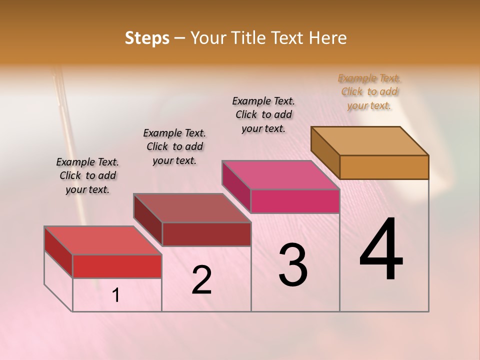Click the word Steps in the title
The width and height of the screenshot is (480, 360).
147,38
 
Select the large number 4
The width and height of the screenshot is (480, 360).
381,250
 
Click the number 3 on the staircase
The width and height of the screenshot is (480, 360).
292,265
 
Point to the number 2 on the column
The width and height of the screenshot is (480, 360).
201,280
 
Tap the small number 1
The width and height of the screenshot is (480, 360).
116,295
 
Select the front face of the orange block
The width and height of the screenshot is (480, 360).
384,167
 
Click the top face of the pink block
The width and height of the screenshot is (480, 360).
281,175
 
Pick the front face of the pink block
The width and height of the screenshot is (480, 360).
295,201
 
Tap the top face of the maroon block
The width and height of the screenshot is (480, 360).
192,208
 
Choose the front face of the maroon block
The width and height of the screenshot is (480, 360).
206,234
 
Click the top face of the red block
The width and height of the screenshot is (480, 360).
103,240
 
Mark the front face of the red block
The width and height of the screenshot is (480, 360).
117,266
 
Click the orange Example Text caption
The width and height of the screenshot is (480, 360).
369,91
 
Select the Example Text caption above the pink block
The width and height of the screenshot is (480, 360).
263,114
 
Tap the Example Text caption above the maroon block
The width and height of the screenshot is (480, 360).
174,146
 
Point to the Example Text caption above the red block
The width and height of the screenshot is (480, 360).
87,175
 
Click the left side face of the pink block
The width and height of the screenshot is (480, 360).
236,186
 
